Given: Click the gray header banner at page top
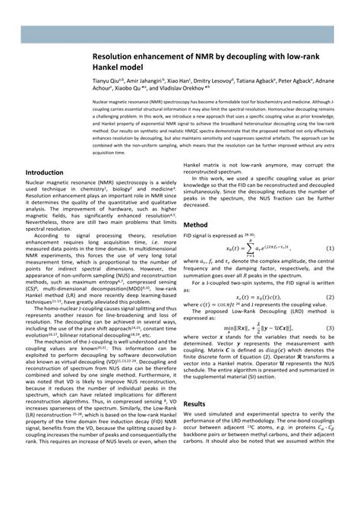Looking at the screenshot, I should (180, 33).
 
